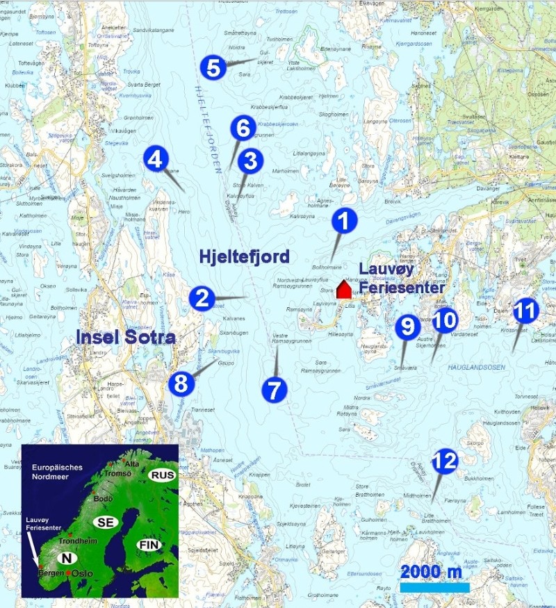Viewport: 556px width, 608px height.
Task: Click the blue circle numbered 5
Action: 213,68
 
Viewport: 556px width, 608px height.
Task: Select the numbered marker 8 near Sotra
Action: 181,383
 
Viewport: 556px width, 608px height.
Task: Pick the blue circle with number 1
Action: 343,221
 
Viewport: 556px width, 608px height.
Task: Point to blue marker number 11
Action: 525,311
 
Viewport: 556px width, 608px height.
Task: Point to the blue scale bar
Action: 435,588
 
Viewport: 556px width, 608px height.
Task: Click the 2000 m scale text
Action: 431,572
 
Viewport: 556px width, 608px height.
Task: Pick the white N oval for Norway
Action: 67,558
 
